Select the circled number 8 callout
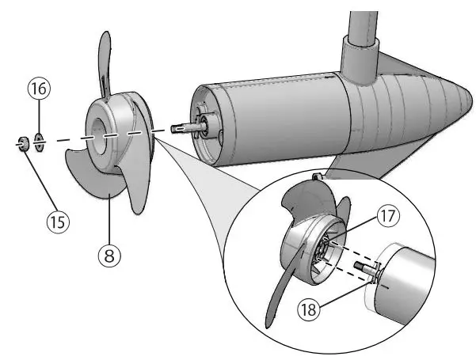tap(109, 255)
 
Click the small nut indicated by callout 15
tap(23, 143)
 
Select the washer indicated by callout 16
tap(40, 143)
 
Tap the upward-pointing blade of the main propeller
tap(105, 63)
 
